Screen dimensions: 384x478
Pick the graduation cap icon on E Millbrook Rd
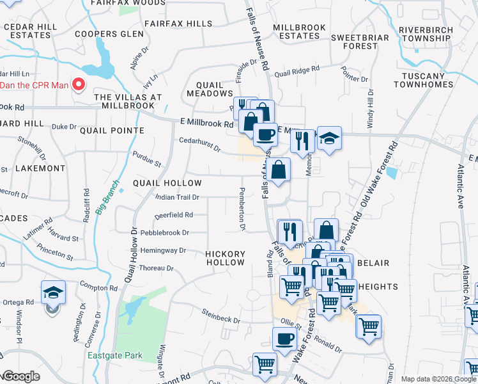tap(329, 139)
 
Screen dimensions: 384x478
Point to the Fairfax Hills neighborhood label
tap(178, 24)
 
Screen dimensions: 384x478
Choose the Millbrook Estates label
tap(296, 32)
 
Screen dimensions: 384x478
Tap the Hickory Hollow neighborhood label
tap(225, 258)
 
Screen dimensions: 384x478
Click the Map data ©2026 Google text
tap(438, 379)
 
